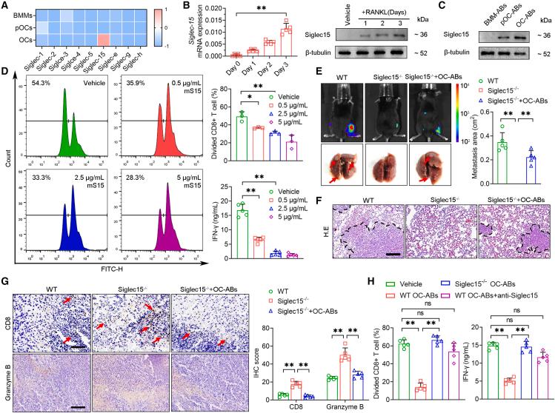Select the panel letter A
[x=5, y=6]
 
